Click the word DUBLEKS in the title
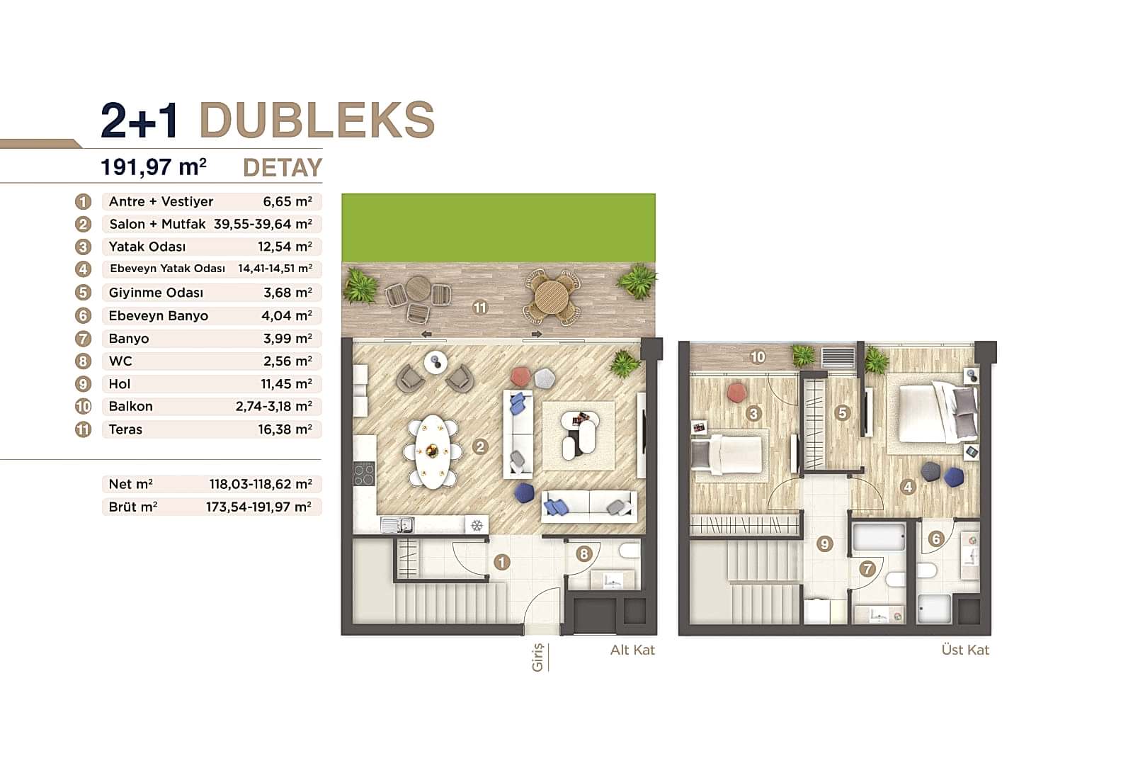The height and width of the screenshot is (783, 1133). (x=317, y=120)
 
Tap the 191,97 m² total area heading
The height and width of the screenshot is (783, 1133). (x=154, y=167)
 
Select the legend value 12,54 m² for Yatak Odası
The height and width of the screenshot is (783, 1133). (x=285, y=247)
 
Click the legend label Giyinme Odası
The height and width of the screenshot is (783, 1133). (x=156, y=293)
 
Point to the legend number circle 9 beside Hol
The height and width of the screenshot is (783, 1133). (x=84, y=384)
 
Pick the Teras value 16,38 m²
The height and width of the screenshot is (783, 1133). (x=285, y=429)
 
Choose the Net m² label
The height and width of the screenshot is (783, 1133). (x=131, y=484)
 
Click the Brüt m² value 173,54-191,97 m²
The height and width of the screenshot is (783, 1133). (x=258, y=507)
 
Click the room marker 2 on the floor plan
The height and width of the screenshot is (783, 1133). (x=480, y=446)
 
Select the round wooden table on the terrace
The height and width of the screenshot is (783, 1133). (x=552, y=294)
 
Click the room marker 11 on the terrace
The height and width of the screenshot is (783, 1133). (x=480, y=308)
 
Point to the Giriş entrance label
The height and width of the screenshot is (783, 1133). (x=537, y=657)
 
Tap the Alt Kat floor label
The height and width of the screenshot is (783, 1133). (x=632, y=650)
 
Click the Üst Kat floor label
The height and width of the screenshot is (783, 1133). (x=965, y=650)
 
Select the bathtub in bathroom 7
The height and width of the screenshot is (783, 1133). (x=878, y=538)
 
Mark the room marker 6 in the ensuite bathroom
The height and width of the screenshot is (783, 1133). (x=935, y=539)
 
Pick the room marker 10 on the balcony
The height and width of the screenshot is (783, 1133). (x=758, y=357)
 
